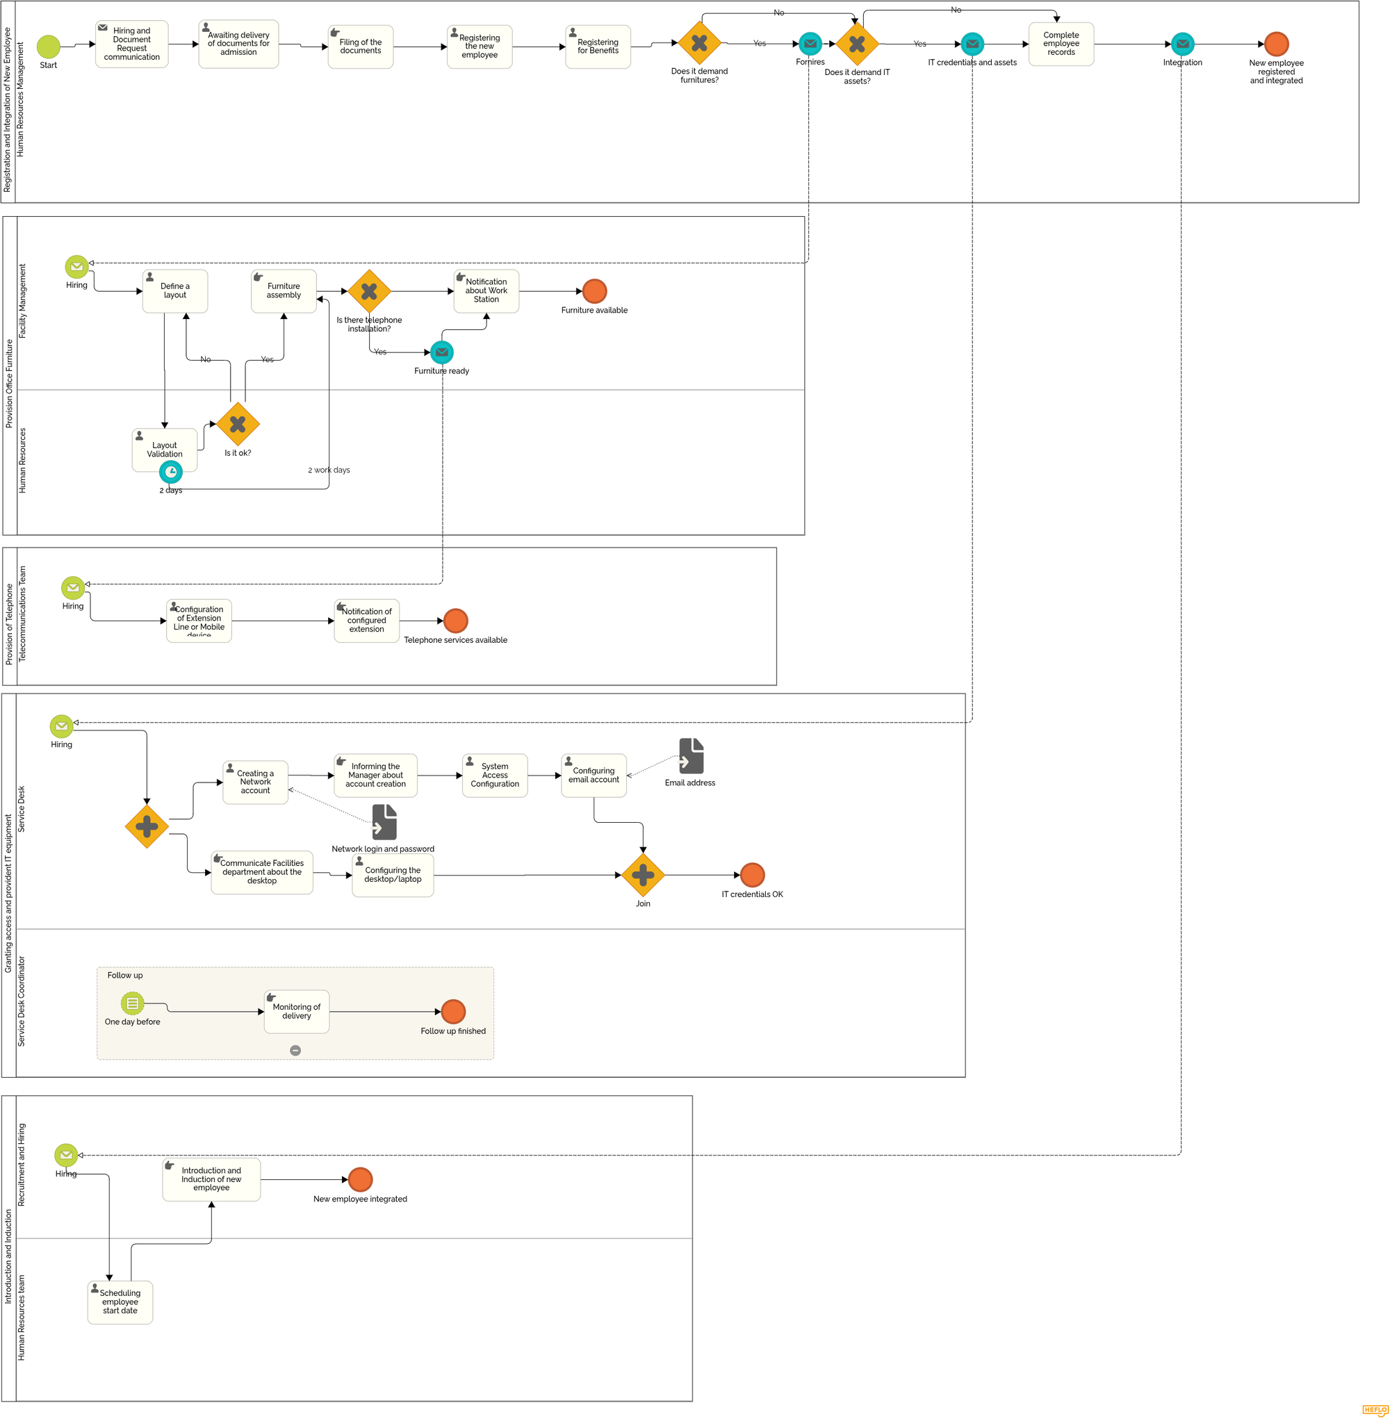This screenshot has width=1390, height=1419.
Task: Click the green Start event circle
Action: [48, 47]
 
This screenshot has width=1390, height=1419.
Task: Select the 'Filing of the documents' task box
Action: [361, 47]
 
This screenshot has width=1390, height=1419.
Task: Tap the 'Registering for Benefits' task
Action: [598, 47]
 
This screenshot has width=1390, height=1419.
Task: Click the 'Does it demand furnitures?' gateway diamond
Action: [699, 43]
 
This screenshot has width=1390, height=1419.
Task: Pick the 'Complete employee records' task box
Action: [1061, 44]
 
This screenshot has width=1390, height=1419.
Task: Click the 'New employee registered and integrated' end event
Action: [1276, 44]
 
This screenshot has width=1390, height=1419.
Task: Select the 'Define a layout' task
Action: [175, 291]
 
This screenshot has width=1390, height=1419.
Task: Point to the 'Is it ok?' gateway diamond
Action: [238, 424]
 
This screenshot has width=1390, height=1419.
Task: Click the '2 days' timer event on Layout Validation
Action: [171, 473]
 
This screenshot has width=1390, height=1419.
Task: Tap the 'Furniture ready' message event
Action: [442, 352]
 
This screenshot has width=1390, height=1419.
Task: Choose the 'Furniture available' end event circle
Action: [594, 291]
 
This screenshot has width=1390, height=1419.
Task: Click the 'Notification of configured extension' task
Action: [366, 621]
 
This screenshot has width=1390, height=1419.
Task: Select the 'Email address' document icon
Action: [692, 756]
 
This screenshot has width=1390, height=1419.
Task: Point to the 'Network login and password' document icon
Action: [385, 823]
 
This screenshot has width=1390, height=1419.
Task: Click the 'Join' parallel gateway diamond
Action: [643, 875]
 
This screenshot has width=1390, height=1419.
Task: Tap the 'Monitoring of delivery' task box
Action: [296, 1012]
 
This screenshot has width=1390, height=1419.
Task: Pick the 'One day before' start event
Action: [132, 1003]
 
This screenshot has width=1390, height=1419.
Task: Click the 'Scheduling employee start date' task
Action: [120, 1303]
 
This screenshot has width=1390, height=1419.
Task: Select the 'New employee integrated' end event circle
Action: [361, 1179]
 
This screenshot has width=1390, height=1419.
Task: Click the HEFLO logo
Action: [1375, 1410]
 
